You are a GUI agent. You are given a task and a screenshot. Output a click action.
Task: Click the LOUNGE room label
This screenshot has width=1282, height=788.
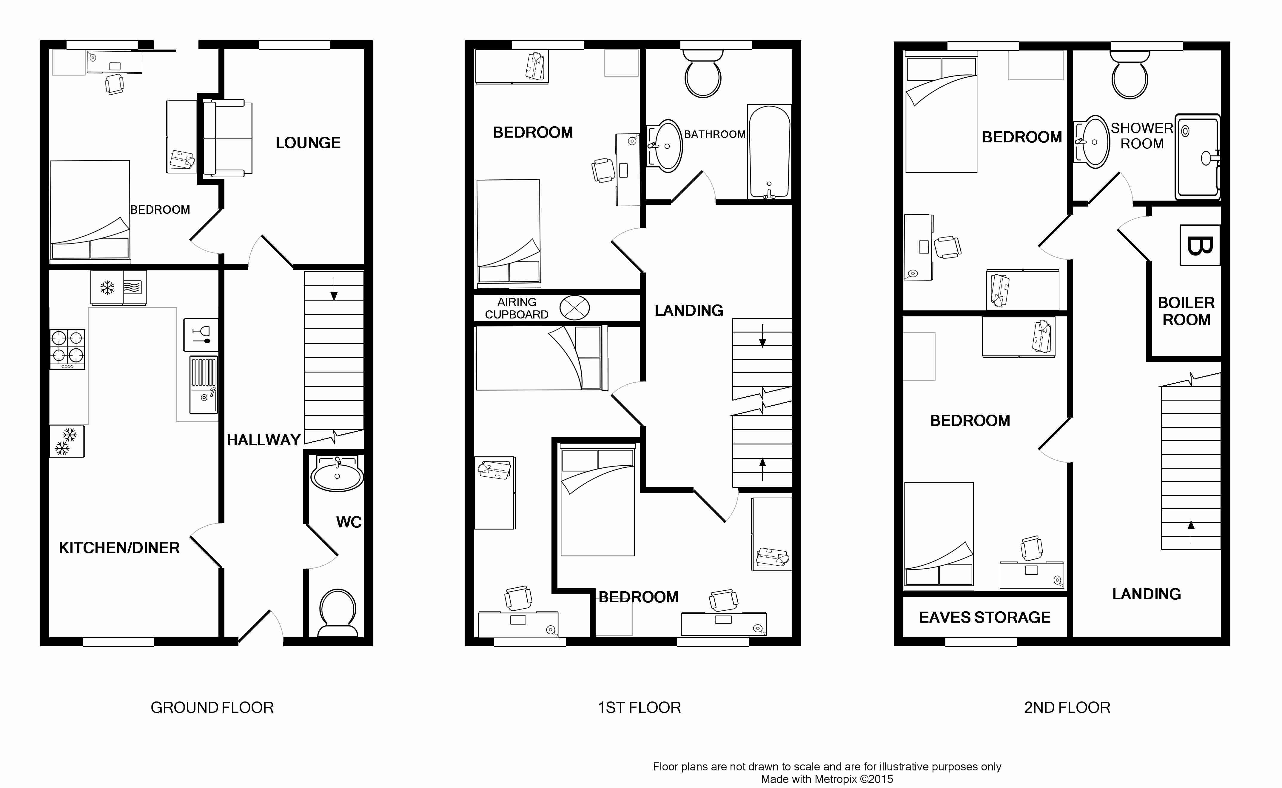click(308, 143)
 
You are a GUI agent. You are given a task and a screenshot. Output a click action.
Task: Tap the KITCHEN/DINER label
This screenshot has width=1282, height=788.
click(119, 548)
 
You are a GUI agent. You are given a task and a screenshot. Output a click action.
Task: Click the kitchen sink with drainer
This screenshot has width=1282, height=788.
click(203, 385)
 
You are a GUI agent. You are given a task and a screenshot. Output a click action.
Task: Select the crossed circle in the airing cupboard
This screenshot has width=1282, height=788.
click(574, 307)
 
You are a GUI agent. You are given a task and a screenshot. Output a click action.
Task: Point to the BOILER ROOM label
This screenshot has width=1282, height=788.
click(1186, 311)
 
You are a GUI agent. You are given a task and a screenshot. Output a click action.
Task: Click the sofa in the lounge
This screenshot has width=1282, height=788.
click(228, 138)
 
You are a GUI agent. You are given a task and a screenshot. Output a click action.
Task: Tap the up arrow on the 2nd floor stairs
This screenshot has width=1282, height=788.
click(1191, 532)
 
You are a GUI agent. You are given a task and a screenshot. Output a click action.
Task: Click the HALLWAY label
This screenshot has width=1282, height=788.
click(264, 440)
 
